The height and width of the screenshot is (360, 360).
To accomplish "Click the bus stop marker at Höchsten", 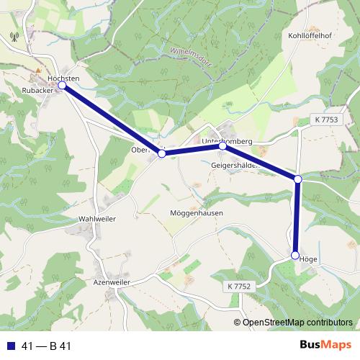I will click(x=62, y=85).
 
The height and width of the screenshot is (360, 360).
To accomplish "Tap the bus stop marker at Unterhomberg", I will click(x=222, y=145).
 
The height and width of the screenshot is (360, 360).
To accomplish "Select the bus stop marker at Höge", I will click(x=295, y=255).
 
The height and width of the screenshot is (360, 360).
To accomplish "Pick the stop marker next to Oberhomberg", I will click(x=162, y=153).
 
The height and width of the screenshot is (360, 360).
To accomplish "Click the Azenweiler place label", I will click(x=111, y=284).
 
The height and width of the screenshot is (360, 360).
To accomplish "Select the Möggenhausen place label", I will click(x=197, y=213).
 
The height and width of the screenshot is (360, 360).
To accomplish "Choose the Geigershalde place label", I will click(x=233, y=165).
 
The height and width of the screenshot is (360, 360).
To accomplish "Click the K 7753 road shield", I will click(x=325, y=120).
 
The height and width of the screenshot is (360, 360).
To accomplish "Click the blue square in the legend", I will click(x=10, y=346).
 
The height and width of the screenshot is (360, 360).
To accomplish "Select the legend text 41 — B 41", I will click(x=47, y=346).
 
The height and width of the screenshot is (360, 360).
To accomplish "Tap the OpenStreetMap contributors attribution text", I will click(x=297, y=322).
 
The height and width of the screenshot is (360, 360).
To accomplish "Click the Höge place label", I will click(x=308, y=258).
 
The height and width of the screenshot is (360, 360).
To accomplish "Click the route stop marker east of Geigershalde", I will click(x=297, y=179).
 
